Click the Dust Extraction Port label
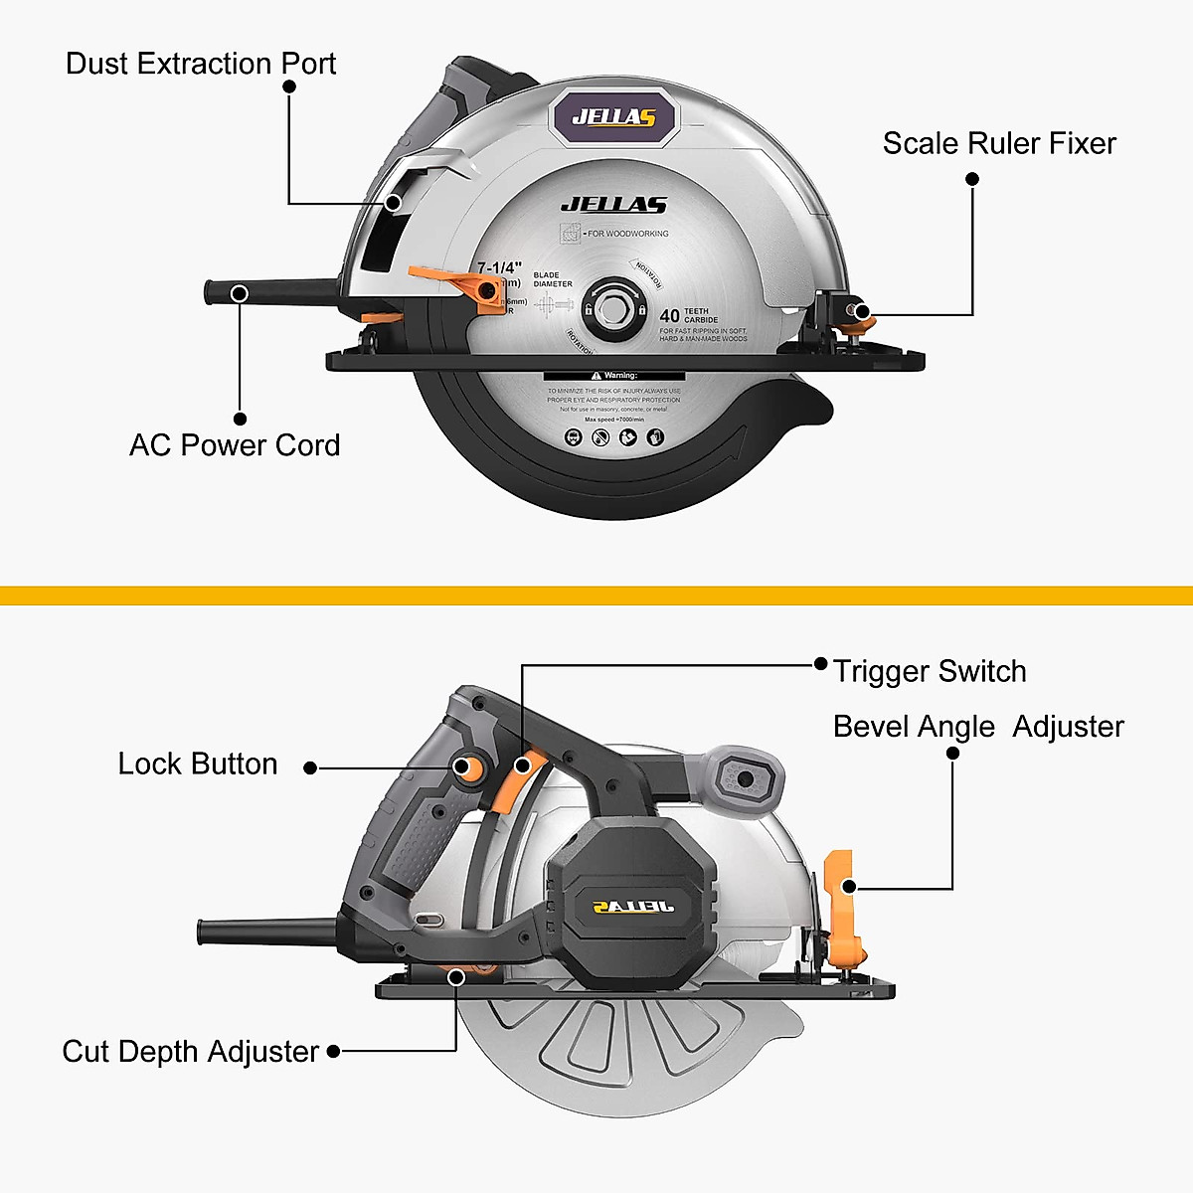click(x=200, y=64)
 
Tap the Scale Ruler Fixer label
click(x=998, y=143)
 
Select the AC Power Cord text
click(x=235, y=444)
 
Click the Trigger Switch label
click(x=930, y=671)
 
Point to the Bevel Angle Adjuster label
click(x=978, y=726)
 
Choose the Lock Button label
click(x=197, y=764)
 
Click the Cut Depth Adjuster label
click(x=190, y=1051)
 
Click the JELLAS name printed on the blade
click(x=613, y=206)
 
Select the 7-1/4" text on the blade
click(x=500, y=267)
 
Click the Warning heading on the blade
click(x=613, y=376)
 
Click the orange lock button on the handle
click(x=468, y=767)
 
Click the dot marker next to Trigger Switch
click(x=820, y=664)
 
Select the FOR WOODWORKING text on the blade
click(x=626, y=234)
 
